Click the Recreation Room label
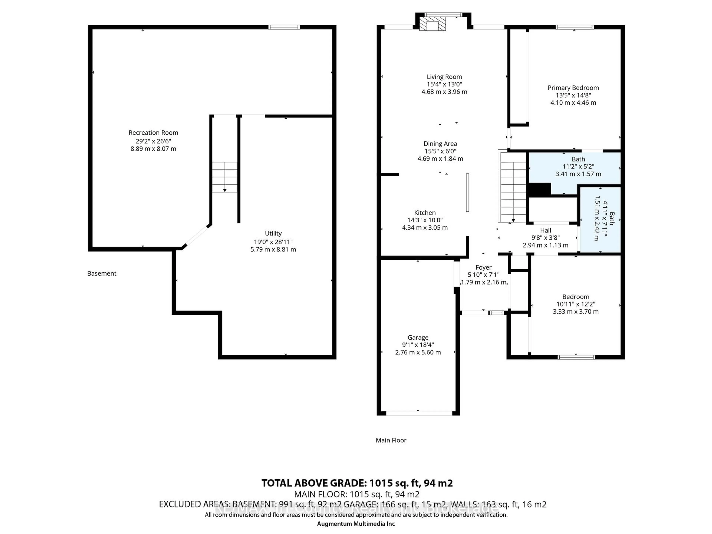coord(153,133)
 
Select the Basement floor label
coord(102,273)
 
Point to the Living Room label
coord(444,77)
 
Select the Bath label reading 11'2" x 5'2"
coord(578,167)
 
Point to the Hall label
coord(545,230)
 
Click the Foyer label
coord(483,268)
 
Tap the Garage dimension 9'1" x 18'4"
coord(418,345)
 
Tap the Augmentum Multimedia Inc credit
coord(356,524)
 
